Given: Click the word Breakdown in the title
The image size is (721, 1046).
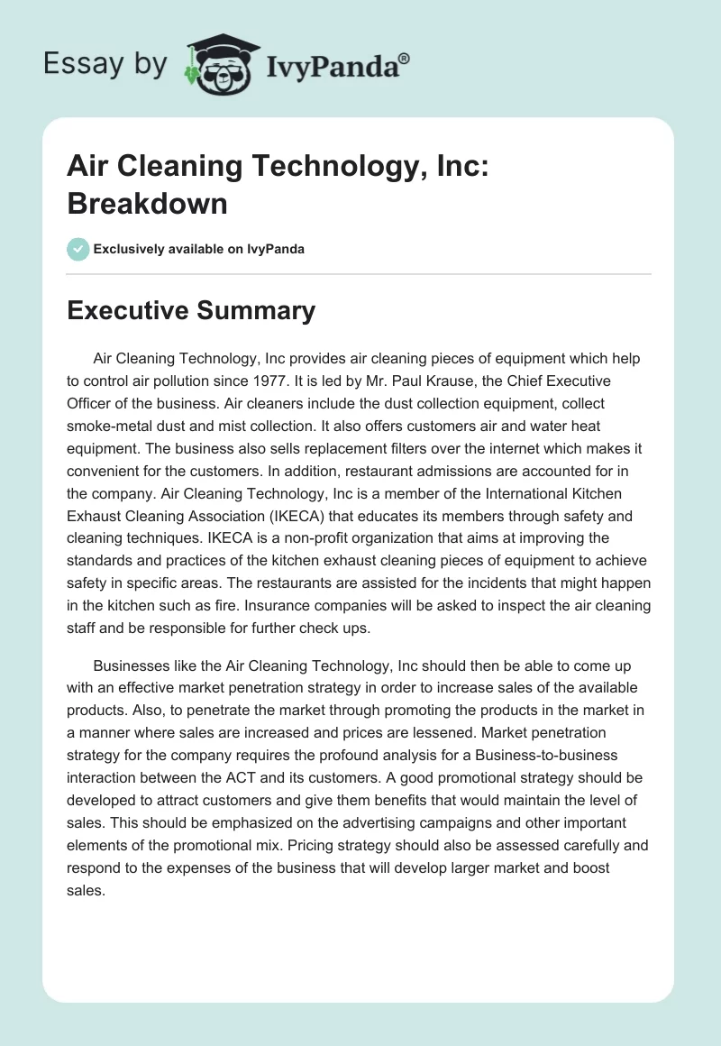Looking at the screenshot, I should point(147,203).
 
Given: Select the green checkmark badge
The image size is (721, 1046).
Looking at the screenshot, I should point(78,249).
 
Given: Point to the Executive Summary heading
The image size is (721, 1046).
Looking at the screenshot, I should point(191,311).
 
